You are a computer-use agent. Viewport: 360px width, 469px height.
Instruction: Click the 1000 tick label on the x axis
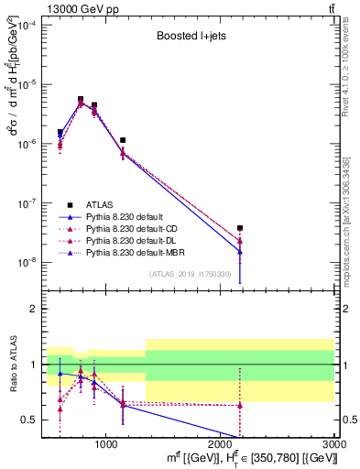(106, 443)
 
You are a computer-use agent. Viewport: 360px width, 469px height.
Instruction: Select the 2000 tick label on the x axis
(221, 443)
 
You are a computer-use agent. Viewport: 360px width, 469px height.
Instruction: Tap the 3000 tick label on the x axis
(333, 443)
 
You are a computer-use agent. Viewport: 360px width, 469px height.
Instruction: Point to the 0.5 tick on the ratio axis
(33, 420)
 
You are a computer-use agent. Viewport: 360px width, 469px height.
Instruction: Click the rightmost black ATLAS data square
(240, 228)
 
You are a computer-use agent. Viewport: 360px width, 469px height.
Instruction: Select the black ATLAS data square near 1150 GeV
(123, 140)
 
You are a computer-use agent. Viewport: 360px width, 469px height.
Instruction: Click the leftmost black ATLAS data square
(60, 132)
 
